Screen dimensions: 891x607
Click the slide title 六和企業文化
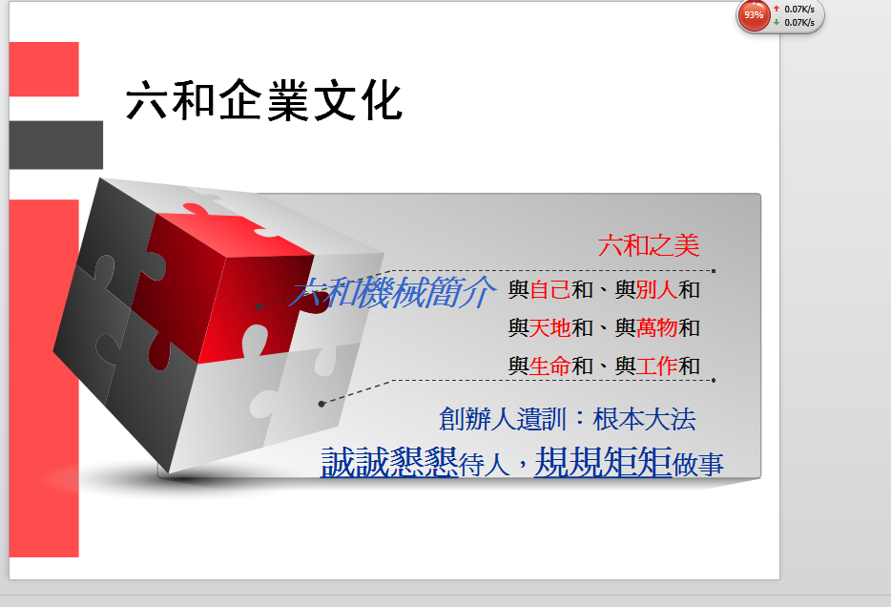tap(264, 100)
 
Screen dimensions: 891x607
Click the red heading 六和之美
tap(649, 245)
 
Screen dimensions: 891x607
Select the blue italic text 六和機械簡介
tap(391, 292)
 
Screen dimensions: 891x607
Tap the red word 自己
tap(550, 290)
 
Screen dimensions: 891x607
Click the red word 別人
tap(657, 290)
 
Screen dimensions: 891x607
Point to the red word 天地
tap(550, 328)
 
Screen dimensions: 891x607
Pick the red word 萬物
tap(657, 328)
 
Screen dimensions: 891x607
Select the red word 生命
tap(550, 366)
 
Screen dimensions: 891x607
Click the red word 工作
tap(657, 366)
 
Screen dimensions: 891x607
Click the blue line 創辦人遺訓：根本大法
tap(568, 419)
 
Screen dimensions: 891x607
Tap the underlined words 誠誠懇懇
tap(390, 462)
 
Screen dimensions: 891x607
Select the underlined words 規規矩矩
tap(604, 462)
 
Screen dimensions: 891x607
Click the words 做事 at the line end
tap(698, 465)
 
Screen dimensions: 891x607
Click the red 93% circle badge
tap(754, 14)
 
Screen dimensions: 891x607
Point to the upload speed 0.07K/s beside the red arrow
tap(799, 10)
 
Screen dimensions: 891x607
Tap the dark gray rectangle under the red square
tap(56, 145)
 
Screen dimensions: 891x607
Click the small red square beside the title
tap(44, 70)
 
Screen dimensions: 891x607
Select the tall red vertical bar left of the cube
tap(44, 378)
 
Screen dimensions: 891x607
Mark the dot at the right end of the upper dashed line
tap(714, 271)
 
